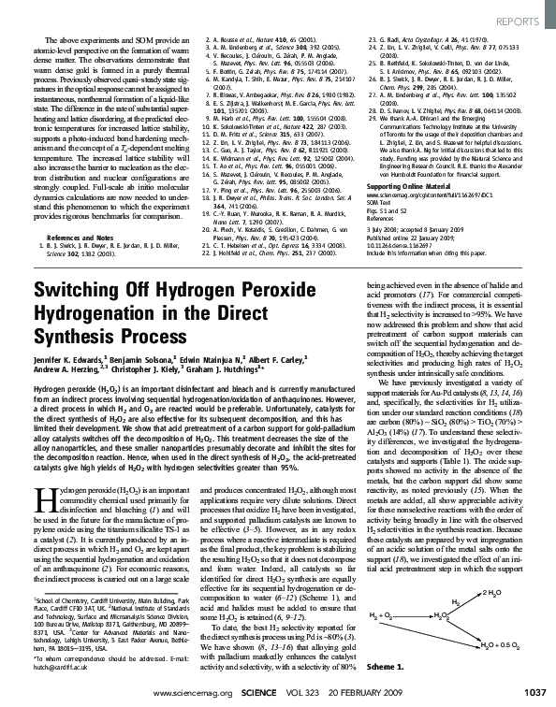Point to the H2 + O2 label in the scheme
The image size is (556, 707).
[x=379, y=618]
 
